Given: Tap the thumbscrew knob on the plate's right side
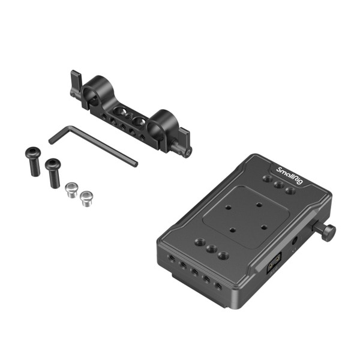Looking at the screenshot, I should click(327, 232).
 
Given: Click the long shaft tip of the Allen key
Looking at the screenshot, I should click(134, 163).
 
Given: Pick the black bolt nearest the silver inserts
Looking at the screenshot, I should click(53, 171).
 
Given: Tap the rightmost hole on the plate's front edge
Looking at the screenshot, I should click(218, 286).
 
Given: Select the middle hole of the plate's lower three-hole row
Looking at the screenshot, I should click(211, 248).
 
